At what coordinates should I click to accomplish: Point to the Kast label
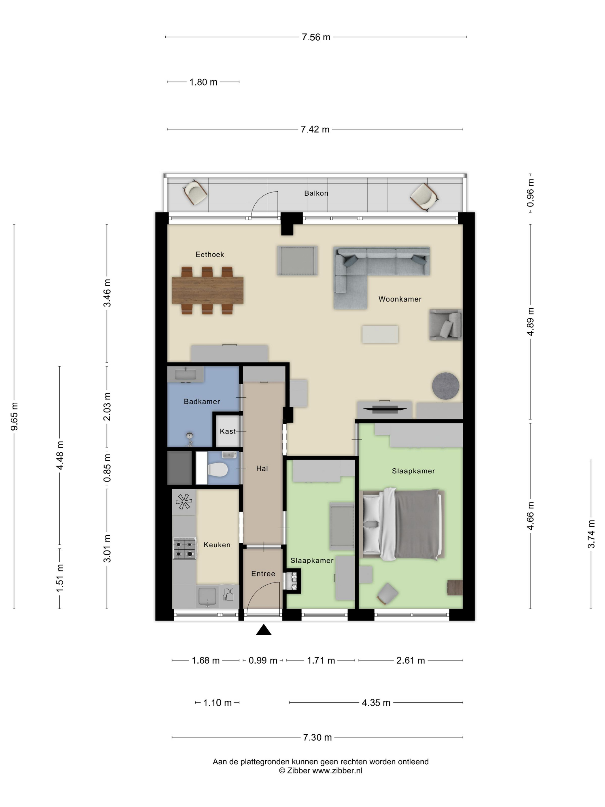[228, 431]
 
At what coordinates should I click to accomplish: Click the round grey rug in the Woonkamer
[445, 386]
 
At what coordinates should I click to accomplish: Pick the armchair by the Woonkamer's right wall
[446, 325]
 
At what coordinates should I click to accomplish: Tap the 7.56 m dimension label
[316, 37]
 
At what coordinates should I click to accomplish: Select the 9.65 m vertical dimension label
[15, 416]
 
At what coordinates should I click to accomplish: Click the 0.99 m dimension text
[262, 660]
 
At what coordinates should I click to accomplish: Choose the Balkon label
[316, 193]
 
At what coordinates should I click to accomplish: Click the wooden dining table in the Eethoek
[207, 291]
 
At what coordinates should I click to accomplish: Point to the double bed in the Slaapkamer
[402, 525]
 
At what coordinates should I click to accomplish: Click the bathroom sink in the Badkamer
[185, 375]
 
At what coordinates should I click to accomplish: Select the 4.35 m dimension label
[376, 703]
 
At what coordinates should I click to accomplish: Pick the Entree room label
[263, 574]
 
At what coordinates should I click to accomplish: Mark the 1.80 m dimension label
[203, 82]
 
